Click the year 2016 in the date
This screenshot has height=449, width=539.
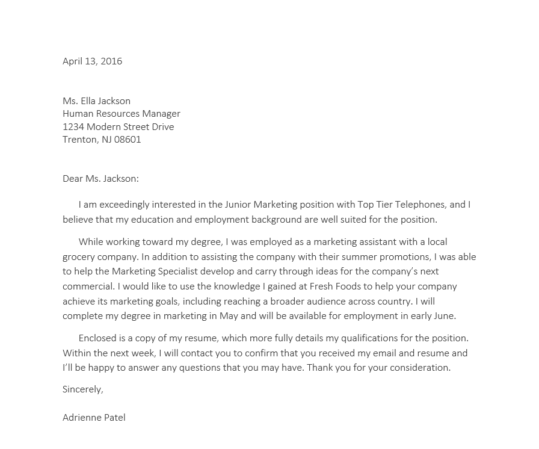pos(111,61)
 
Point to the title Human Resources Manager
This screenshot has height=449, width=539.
pos(122,114)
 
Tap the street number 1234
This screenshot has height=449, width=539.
pos(73,127)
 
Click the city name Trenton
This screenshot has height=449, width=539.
pos(79,140)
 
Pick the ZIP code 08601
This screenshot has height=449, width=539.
pos(128,140)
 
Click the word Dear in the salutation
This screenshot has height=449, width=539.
pos(72,179)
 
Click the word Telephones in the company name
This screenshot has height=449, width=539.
pos(419,205)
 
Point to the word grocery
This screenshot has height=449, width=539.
pos(79,257)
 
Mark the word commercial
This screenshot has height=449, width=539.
pos(88,286)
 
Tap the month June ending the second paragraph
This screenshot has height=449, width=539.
pos(444,316)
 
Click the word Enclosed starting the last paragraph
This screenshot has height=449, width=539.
pos(98,338)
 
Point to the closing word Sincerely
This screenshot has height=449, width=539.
pos(82,389)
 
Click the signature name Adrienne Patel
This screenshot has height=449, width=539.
pos(94,418)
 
